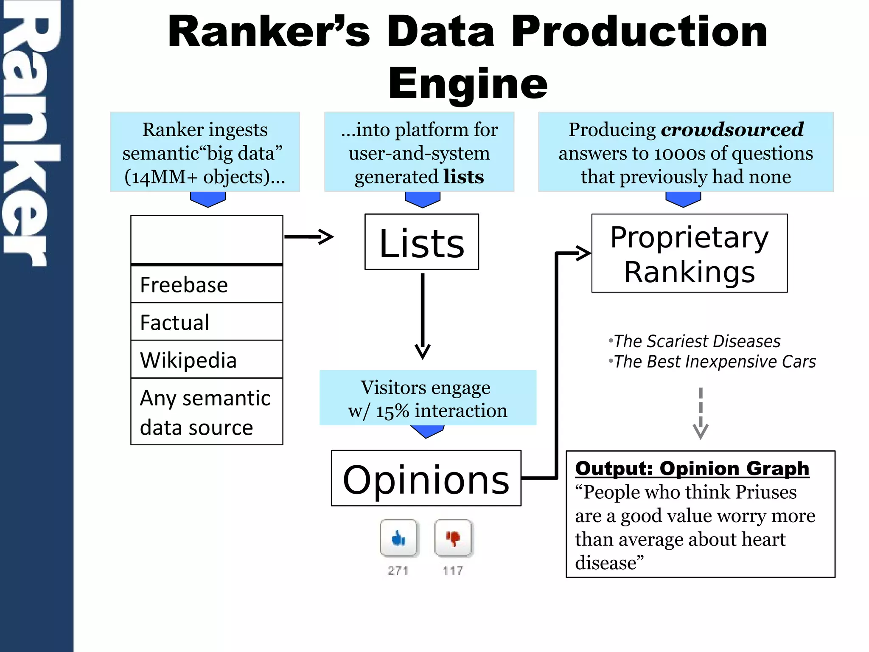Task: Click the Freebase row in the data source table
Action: point(207,284)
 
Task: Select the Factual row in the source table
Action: point(207,322)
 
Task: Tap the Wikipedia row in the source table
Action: point(207,360)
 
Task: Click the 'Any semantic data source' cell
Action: point(207,412)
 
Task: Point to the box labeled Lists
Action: point(421,242)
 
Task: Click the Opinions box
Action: point(426,478)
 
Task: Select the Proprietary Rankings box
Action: point(689,253)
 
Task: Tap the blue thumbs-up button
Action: point(398,538)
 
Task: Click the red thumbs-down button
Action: point(453,538)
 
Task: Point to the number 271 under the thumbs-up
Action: point(398,570)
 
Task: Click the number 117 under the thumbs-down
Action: point(453,570)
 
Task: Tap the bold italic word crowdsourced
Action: point(732,129)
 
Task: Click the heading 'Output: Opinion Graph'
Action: point(692,469)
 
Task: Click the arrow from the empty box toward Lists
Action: point(309,236)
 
